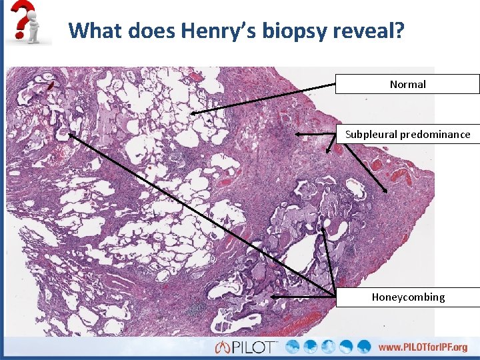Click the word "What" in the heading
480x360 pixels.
tap(95, 30)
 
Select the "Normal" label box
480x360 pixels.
tap(407, 84)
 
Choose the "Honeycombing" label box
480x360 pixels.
tap(407, 297)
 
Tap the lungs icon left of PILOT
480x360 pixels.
tap(223, 347)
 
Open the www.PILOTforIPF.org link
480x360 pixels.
tap(423, 347)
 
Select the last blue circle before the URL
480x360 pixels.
tap(363, 347)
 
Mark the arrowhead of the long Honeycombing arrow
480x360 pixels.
tap(69, 133)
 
